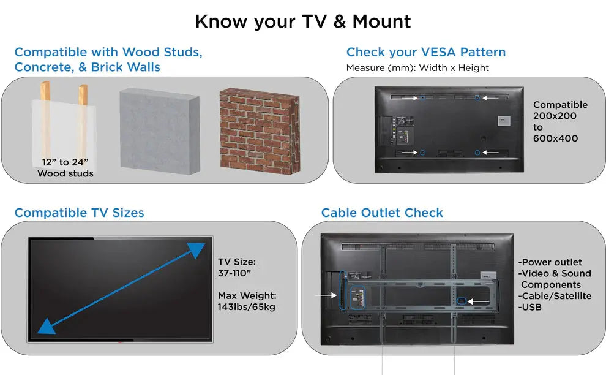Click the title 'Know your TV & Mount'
tap(303, 21)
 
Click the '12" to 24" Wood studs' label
tap(65, 167)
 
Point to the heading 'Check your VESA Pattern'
tap(426, 52)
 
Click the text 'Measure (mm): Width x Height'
tap(417, 68)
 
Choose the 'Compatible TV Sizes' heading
tap(79, 213)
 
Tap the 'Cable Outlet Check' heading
tap(382, 213)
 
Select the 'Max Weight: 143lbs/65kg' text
tap(247, 301)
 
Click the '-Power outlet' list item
tap(550, 262)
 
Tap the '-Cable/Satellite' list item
tap(555, 296)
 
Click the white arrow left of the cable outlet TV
tap(326, 295)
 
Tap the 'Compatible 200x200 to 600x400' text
tap(559, 121)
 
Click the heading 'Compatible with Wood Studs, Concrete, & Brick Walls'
tap(108, 59)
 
